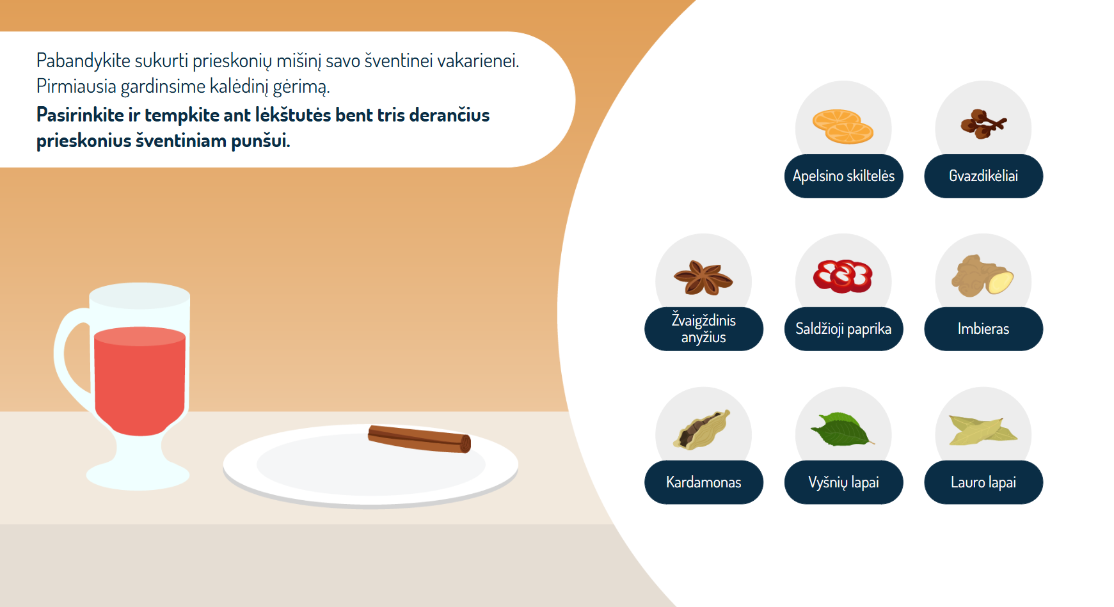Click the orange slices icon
[x=843, y=127]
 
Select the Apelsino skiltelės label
[x=843, y=176]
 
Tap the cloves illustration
[x=983, y=124]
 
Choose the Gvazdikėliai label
[x=983, y=176]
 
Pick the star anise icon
[x=703, y=278]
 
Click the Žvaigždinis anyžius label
[x=704, y=329]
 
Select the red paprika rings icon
[x=843, y=276]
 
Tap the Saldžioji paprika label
[x=843, y=329]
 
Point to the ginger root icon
[x=982, y=276]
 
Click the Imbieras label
[x=983, y=329]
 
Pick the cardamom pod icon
[x=702, y=430]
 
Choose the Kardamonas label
[x=704, y=482]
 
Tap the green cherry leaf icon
[x=842, y=429]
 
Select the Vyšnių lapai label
[x=843, y=482]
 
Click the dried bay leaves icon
[x=983, y=430]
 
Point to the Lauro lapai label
[x=983, y=482]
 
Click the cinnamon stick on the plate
[x=419, y=439]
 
